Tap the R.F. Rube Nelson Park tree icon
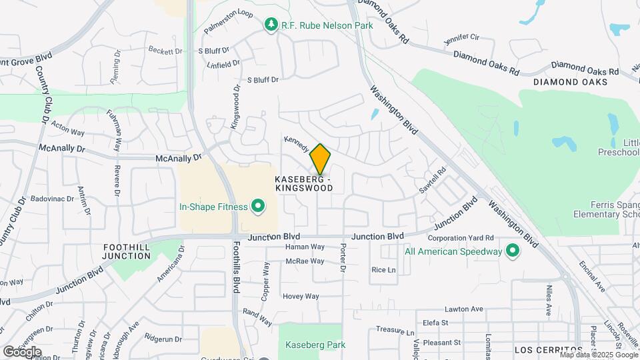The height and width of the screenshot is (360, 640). point(271,25)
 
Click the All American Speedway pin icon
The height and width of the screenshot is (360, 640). point(512,251)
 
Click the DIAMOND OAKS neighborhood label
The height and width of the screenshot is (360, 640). point(570,81)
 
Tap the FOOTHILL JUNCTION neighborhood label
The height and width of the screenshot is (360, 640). point(127,251)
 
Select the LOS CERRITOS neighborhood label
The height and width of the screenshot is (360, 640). point(549,350)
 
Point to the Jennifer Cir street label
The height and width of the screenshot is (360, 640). point(462,39)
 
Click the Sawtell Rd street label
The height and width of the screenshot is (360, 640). point(433,181)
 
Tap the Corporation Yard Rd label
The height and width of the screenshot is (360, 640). point(460,237)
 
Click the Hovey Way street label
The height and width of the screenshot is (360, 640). point(301,296)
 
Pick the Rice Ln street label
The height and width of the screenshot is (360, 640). point(383,270)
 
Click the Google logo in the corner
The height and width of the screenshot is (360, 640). point(22,351)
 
